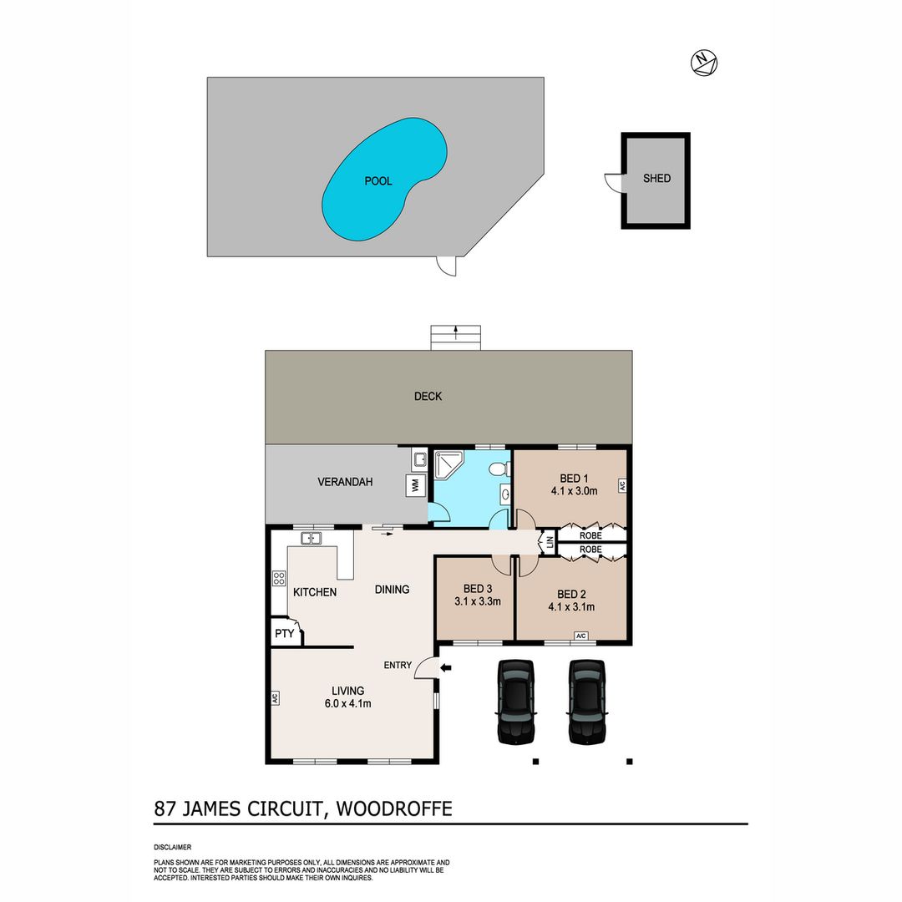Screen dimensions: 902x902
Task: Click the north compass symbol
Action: pyautogui.click(x=704, y=63)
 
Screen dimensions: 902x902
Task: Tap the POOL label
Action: pyautogui.click(x=378, y=181)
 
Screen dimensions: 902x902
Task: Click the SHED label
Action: pyautogui.click(x=656, y=179)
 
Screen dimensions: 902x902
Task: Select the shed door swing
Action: pyautogui.click(x=613, y=182)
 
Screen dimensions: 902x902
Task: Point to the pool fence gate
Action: pyautogui.click(x=446, y=266)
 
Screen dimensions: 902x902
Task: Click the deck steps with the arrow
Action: pyautogui.click(x=456, y=337)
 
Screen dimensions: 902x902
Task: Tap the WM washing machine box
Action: pyautogui.click(x=415, y=486)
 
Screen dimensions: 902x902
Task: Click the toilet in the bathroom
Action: pyautogui.click(x=499, y=469)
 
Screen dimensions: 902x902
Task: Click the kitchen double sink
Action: pyautogui.click(x=311, y=539)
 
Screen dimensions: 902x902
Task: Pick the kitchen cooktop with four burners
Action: pyautogui.click(x=279, y=578)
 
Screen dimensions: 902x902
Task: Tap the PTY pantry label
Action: pyautogui.click(x=284, y=633)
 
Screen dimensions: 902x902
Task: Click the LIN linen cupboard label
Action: pyautogui.click(x=550, y=542)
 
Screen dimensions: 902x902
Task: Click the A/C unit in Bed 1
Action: pyautogui.click(x=622, y=485)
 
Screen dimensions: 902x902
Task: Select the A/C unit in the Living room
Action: pyautogui.click(x=275, y=697)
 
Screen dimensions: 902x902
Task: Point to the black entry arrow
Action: pyautogui.click(x=446, y=668)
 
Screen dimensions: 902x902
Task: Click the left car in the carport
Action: pyautogui.click(x=516, y=702)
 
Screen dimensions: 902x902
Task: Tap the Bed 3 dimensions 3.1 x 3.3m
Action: pyautogui.click(x=478, y=601)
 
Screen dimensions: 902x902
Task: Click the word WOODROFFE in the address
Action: pyautogui.click(x=394, y=808)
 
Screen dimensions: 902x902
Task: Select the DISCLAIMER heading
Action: pyautogui.click(x=173, y=848)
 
